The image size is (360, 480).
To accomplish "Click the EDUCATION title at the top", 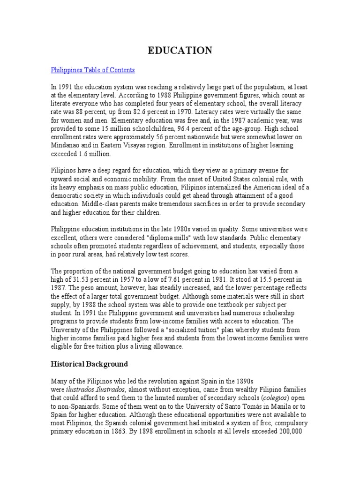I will pos(180,51).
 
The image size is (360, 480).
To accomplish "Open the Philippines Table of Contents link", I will pos(92,70).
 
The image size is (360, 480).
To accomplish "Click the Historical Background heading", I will pos(89,364).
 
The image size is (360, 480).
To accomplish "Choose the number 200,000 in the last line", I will pos(294,431).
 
